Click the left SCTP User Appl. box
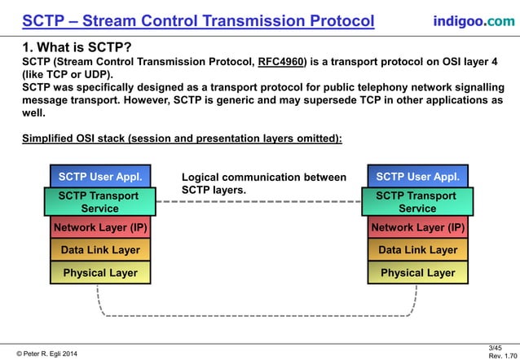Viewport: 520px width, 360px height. coord(100,176)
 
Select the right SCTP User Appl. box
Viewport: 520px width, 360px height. coord(417,176)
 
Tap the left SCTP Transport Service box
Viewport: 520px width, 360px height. coord(98,202)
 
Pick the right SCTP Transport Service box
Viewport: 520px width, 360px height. coord(417,202)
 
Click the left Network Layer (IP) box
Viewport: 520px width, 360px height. coord(100,227)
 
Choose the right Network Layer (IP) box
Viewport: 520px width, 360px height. coord(417,227)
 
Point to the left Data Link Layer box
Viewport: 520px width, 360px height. coord(100,250)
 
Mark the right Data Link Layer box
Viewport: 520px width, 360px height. coord(417,250)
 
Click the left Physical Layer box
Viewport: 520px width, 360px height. coord(100,273)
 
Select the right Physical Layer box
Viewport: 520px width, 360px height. coord(417,273)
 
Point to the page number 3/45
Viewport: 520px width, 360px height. coord(495,348)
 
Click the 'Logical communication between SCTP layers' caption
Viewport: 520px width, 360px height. coord(262,183)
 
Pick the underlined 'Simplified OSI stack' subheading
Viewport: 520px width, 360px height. coord(182,138)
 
